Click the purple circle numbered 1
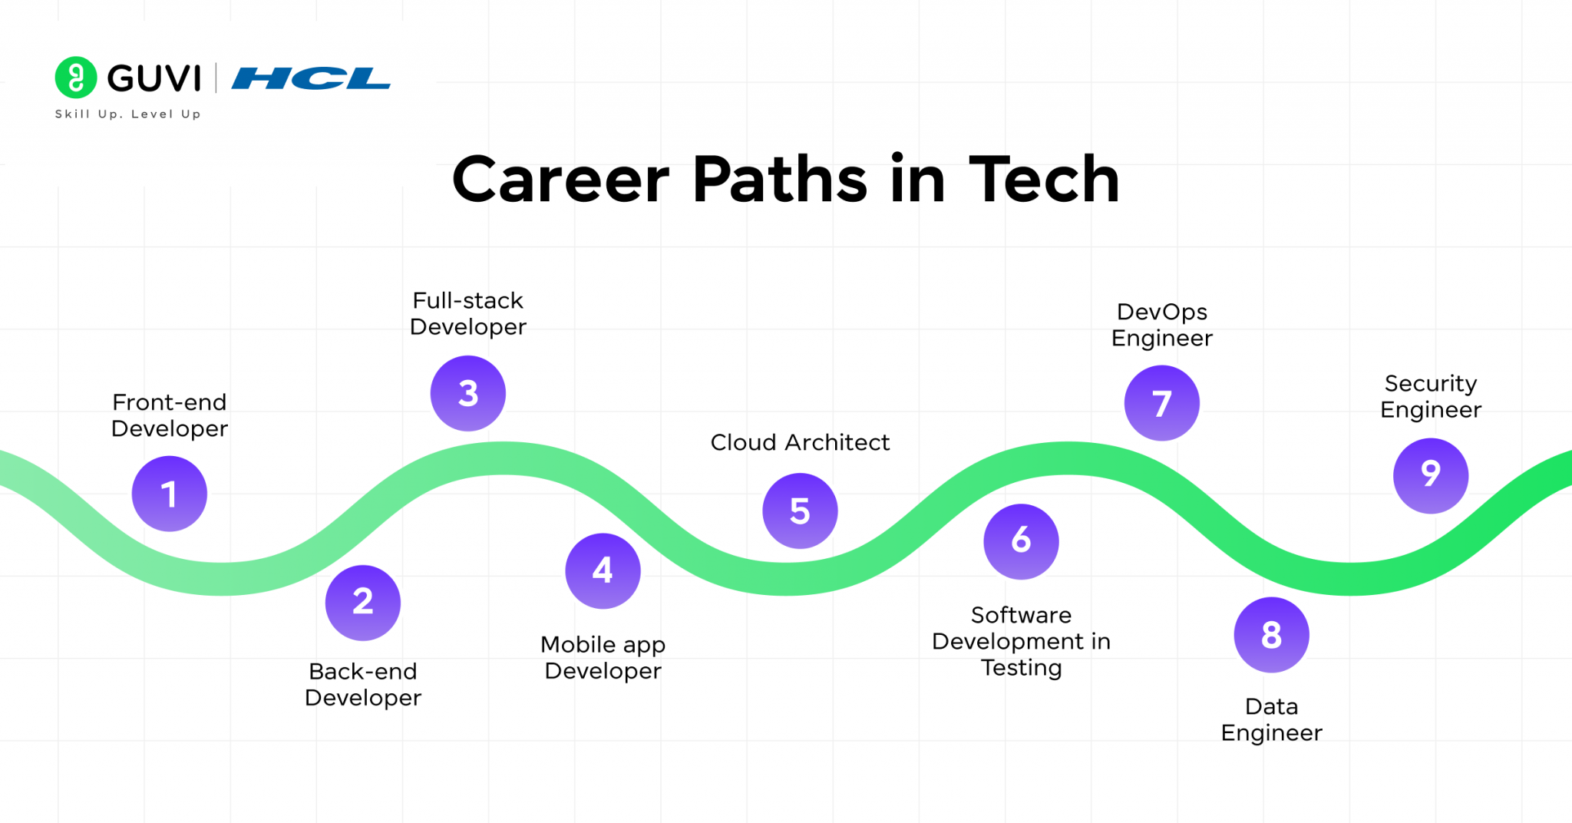pyautogui.click(x=170, y=494)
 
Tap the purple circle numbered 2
pyautogui.click(x=363, y=603)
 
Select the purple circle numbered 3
pyautogui.click(x=468, y=393)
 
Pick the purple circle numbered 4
pyautogui.click(x=603, y=570)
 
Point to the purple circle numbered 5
pyautogui.click(x=800, y=511)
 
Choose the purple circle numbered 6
pyautogui.click(x=1021, y=540)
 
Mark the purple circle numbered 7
pyautogui.click(x=1162, y=403)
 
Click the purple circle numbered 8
pyautogui.click(x=1271, y=635)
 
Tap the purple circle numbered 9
pyautogui.click(x=1431, y=475)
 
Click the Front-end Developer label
pyautogui.click(x=170, y=415)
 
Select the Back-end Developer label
pyautogui.click(x=363, y=684)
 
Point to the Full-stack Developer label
pyautogui.click(x=468, y=313)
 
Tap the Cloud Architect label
pyautogui.click(x=800, y=442)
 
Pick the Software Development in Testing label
pyautogui.click(x=1021, y=641)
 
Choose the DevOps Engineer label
pyautogui.click(x=1162, y=325)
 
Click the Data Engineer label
pyautogui.click(x=1271, y=719)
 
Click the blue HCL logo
pyautogui.click(x=311, y=78)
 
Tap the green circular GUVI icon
pyautogui.click(x=76, y=78)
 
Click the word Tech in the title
pyautogui.click(x=1044, y=180)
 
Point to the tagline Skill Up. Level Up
pyautogui.click(x=127, y=114)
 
